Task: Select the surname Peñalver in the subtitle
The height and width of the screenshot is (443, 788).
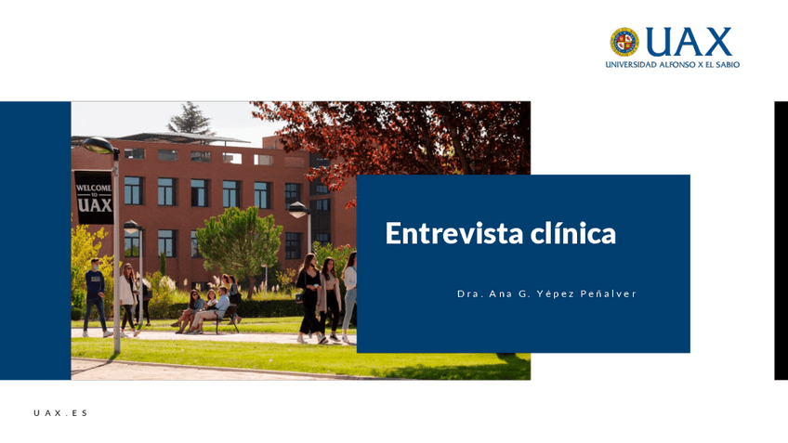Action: [x=609, y=293]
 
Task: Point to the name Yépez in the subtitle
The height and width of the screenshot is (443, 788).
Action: [x=556, y=294]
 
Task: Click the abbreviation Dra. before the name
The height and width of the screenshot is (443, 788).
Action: [x=470, y=293]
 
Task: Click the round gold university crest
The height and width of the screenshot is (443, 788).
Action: [x=624, y=42]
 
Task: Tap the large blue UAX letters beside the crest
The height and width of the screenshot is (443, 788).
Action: [x=689, y=42]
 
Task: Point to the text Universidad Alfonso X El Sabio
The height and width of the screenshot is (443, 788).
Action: [x=673, y=65]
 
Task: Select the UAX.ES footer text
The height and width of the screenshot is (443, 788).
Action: [x=60, y=413]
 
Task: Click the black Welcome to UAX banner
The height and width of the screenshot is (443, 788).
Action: [x=94, y=198]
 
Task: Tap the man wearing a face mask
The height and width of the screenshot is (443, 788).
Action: [x=95, y=297]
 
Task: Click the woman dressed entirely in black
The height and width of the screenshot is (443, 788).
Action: [x=309, y=298]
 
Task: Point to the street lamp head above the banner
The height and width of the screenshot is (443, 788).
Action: [x=98, y=146]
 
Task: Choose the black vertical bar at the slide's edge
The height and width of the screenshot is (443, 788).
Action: [x=781, y=241]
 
